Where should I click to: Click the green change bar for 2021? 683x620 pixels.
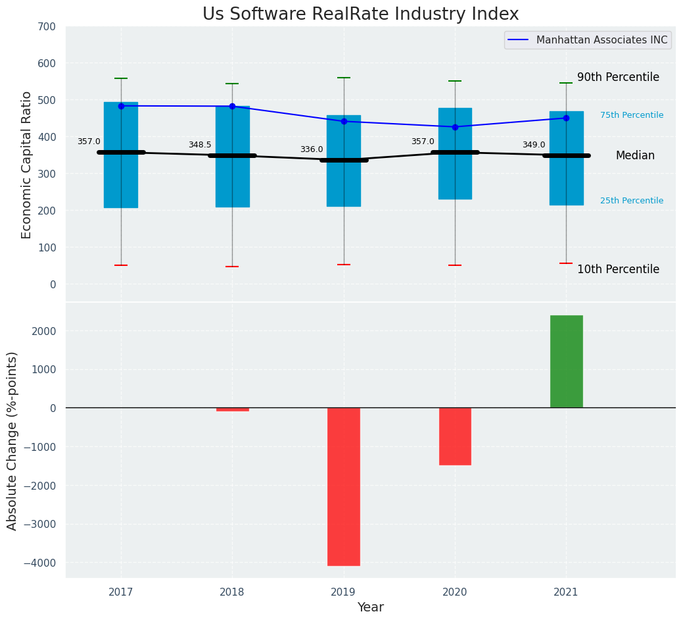(566, 361)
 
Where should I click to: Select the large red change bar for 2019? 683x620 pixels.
(344, 486)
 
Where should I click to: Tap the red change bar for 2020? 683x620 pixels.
(455, 436)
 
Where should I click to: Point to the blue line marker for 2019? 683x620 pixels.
(344, 121)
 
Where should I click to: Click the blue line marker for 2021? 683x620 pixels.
(566, 118)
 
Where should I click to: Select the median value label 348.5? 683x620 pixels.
(200, 145)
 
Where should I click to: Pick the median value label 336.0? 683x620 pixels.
(312, 149)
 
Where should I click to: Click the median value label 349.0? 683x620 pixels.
(534, 145)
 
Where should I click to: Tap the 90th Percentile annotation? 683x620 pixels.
(618, 77)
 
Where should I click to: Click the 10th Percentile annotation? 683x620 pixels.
(618, 269)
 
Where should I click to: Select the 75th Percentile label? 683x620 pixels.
(632, 115)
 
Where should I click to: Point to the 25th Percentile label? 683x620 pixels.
(632, 201)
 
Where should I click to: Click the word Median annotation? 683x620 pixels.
(635, 156)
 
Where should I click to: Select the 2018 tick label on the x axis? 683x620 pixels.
(232, 592)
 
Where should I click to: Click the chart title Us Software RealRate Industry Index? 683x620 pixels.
(360, 14)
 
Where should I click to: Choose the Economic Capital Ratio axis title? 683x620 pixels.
(26, 165)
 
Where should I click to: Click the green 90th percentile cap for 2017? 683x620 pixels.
(121, 78)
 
